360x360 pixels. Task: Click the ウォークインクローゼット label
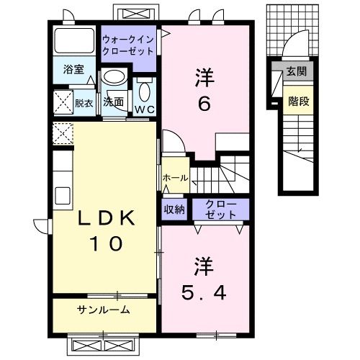point(127,45)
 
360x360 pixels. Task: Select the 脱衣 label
point(84,102)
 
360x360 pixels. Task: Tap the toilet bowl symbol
point(144,92)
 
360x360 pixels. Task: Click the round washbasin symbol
point(112,78)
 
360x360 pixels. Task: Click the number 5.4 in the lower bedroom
point(204,293)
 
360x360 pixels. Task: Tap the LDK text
point(104,218)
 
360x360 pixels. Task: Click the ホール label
point(176,178)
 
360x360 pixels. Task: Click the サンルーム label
point(104,310)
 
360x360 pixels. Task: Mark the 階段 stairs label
point(300,101)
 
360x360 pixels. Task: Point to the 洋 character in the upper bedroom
point(204,76)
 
